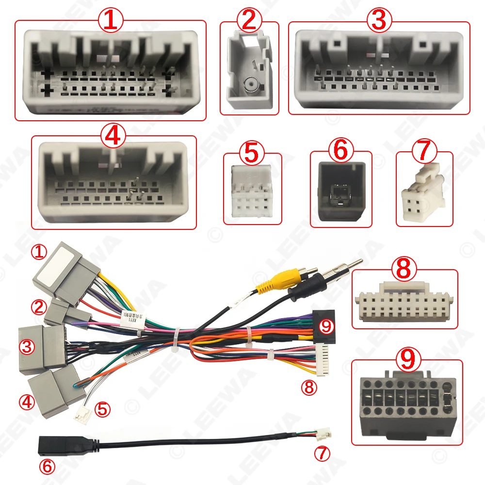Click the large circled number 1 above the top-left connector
point(111,20)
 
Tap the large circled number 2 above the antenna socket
point(249,21)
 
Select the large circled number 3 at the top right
point(379,20)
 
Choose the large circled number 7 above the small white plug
point(424,151)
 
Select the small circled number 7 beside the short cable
point(322,453)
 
